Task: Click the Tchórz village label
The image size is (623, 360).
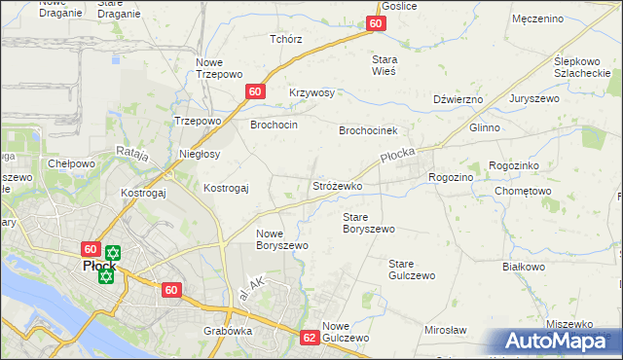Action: [286, 39]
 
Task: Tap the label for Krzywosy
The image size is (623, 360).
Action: [311, 93]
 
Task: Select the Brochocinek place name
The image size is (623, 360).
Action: [368, 130]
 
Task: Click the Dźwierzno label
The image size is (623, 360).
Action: [458, 99]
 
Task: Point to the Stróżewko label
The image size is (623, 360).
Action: [337, 185]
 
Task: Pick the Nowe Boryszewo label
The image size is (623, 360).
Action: [282, 239]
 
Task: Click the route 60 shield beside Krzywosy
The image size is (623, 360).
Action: [254, 91]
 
